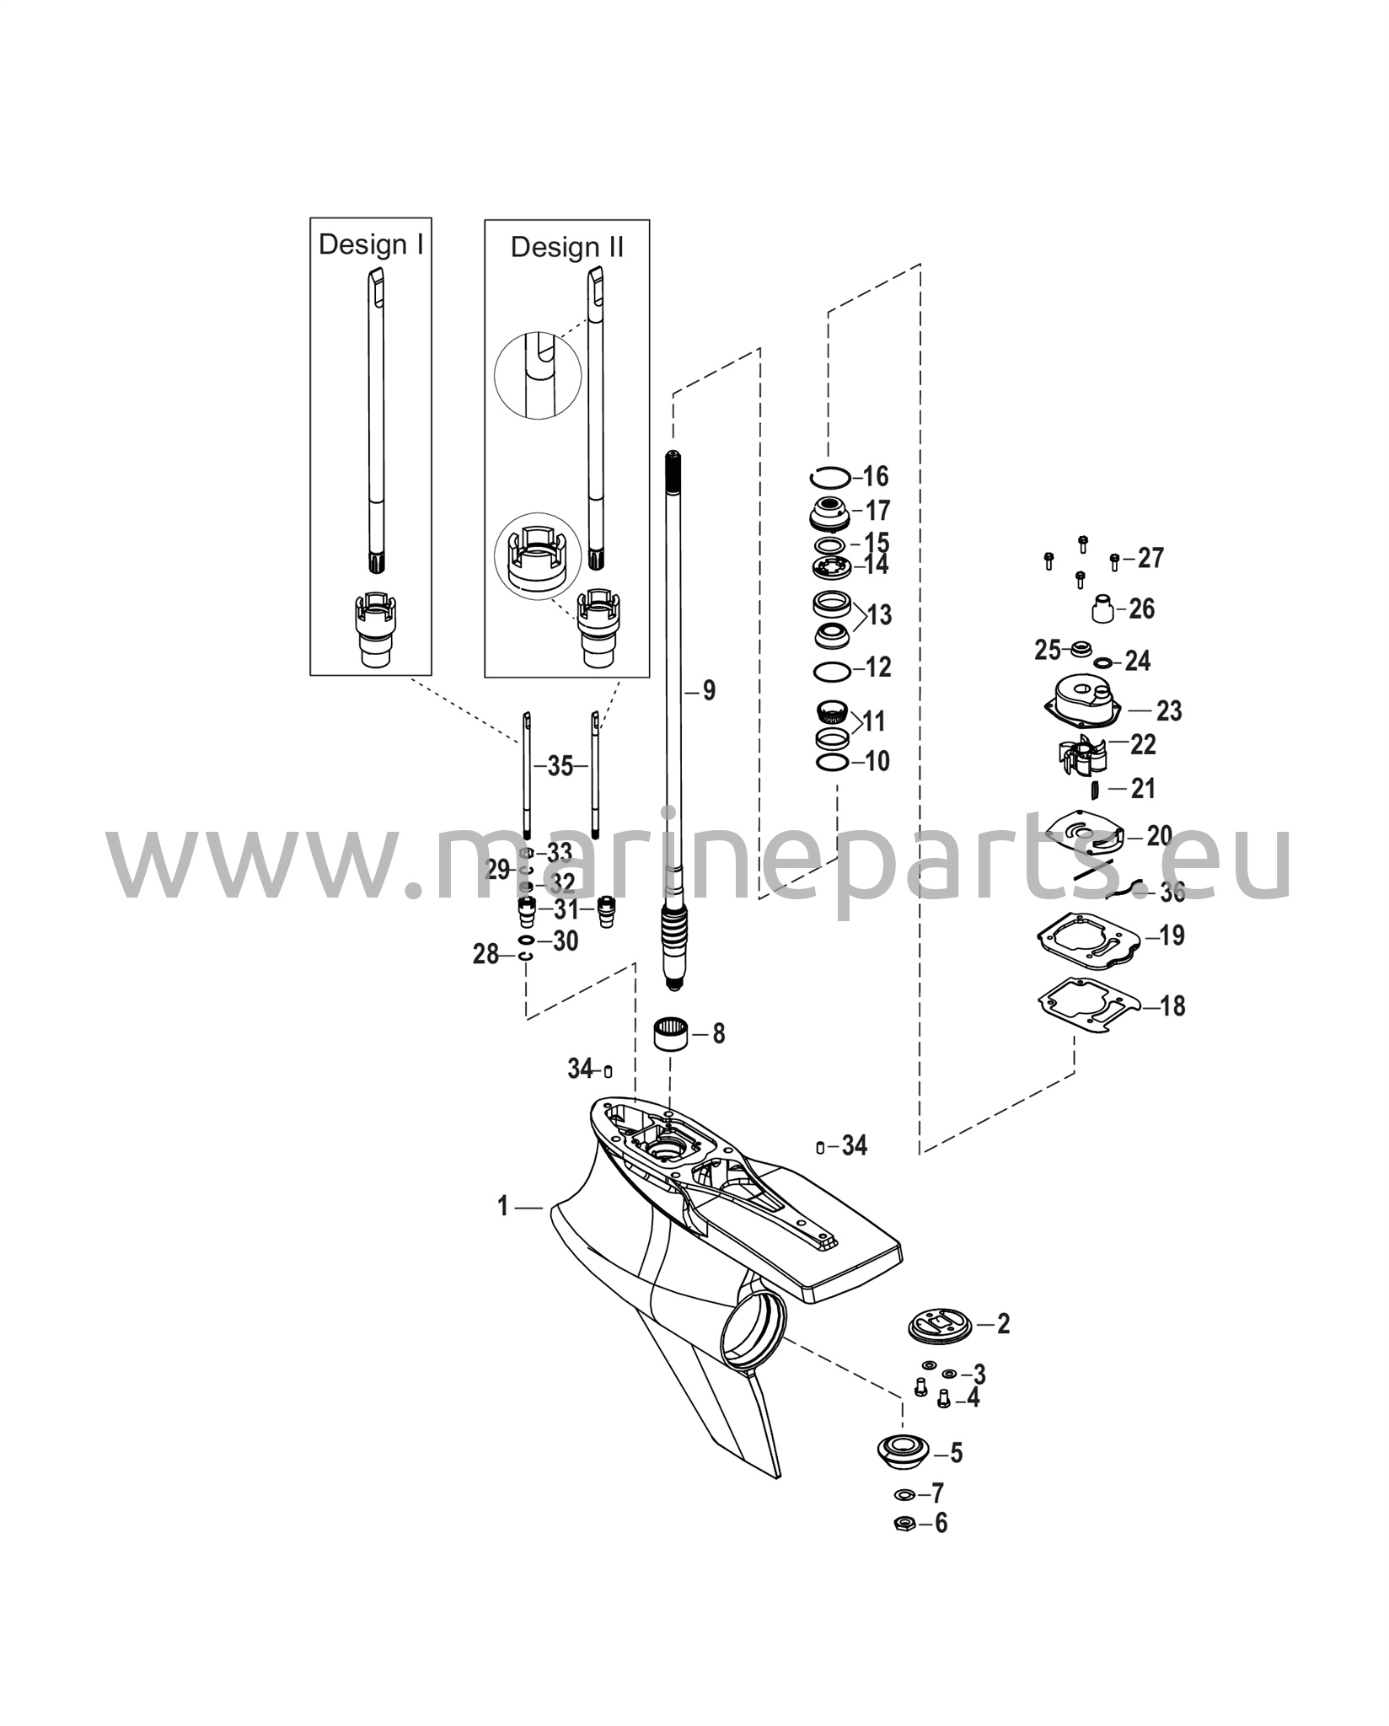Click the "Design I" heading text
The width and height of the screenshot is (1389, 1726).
[371, 244]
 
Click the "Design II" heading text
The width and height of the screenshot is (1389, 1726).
[567, 247]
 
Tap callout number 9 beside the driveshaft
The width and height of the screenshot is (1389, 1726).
[709, 691]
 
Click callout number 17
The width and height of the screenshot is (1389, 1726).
[877, 511]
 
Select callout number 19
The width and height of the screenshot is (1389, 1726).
[1172, 935]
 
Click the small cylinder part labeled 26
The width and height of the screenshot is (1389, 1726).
[1105, 608]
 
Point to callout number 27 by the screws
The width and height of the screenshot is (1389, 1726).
[1150, 558]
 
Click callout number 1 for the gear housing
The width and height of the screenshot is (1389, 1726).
[503, 1207]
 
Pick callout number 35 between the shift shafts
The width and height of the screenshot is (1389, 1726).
[560, 767]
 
